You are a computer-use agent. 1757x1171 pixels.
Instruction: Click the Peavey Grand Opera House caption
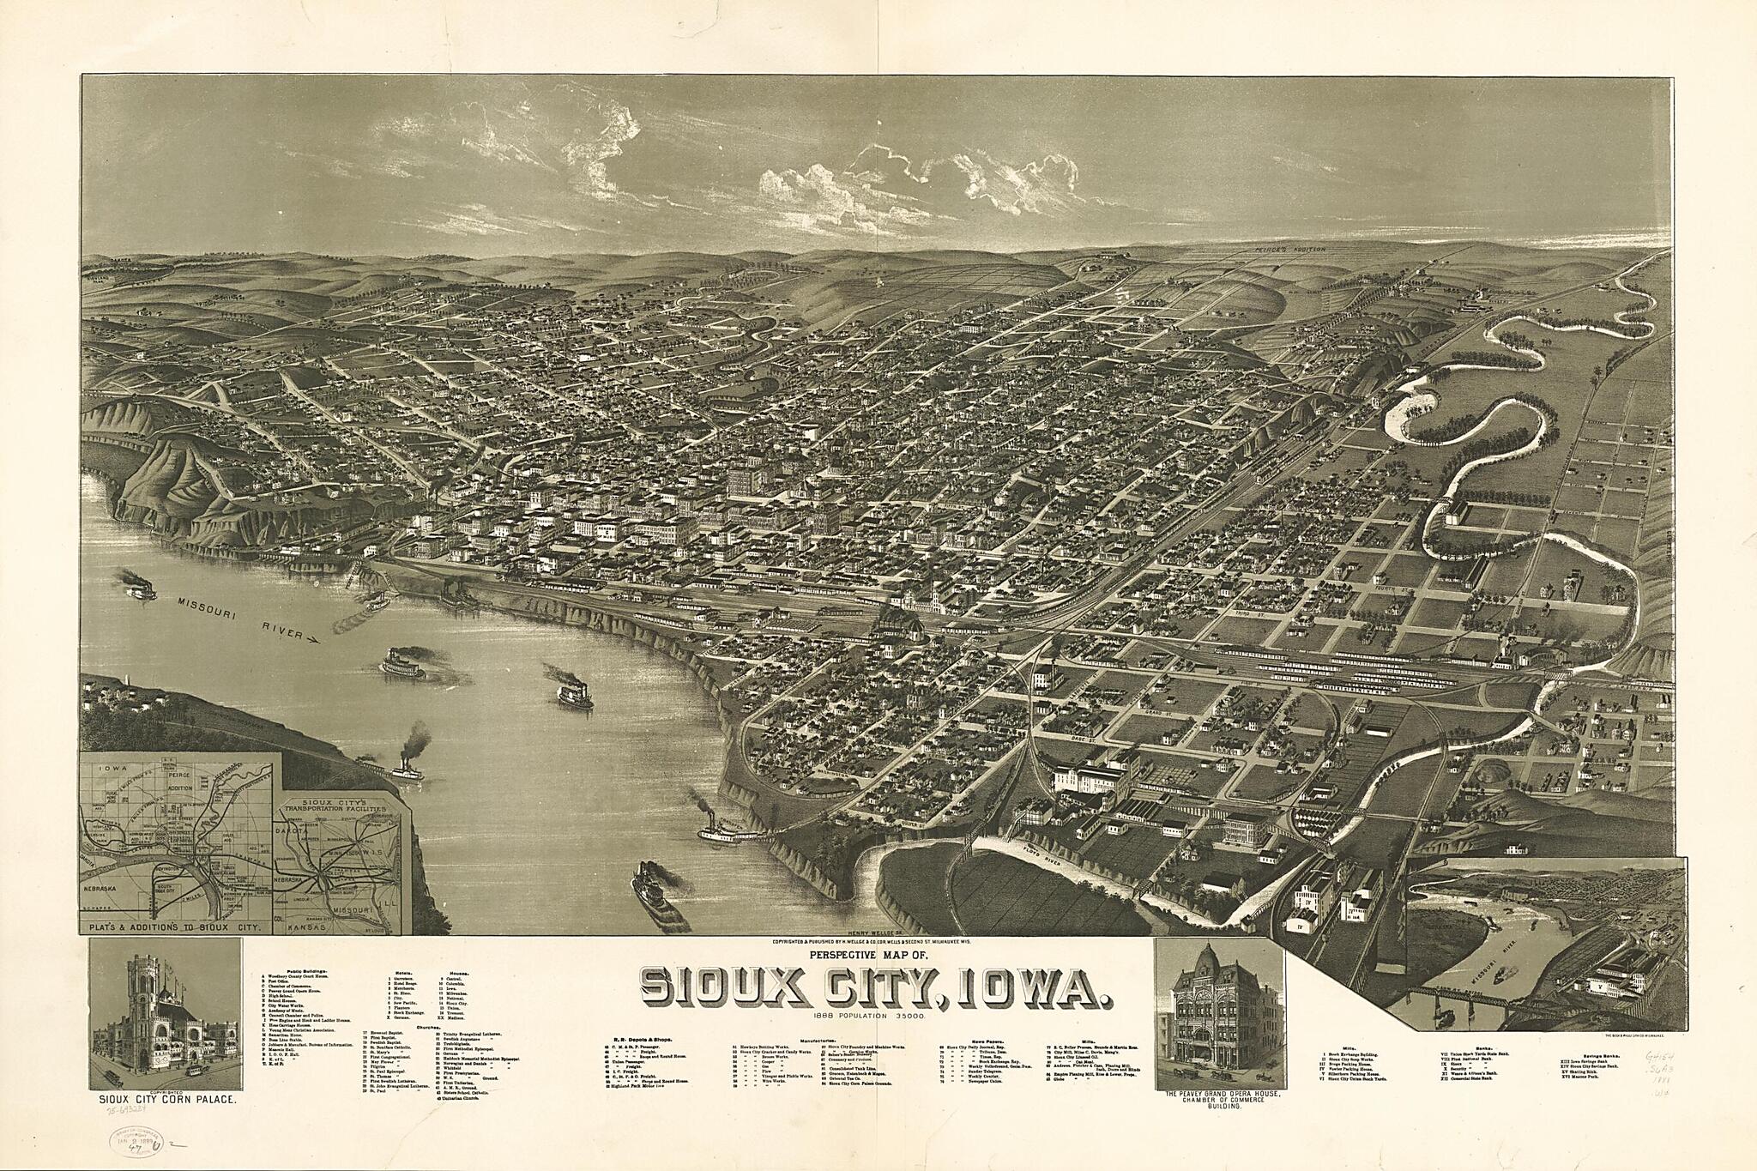(1219, 1095)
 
